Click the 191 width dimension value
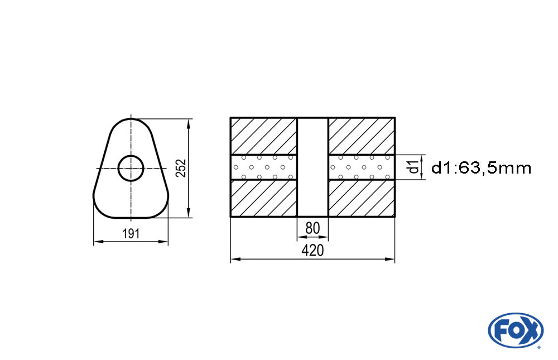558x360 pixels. (131, 234)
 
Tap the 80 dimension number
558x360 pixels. (312, 228)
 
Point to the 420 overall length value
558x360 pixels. (312, 251)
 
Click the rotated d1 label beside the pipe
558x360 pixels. (413, 167)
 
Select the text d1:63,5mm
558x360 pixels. (482, 167)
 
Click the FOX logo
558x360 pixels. (515, 330)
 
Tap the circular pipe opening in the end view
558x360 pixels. (131, 167)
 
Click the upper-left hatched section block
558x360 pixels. (263, 136)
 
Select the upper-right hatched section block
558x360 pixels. (362, 136)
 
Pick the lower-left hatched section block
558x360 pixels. (263, 198)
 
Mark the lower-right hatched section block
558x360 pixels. (362, 198)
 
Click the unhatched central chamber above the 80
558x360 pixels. (312, 167)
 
